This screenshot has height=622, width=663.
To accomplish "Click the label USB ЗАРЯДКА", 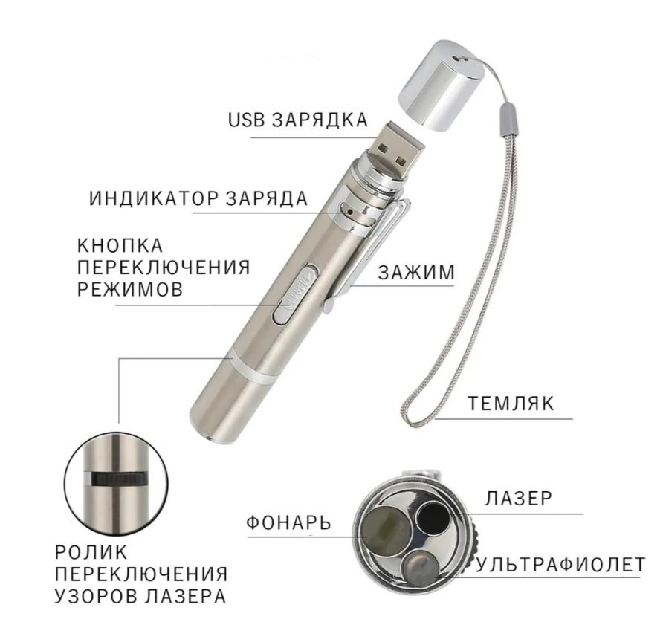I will click(297, 120).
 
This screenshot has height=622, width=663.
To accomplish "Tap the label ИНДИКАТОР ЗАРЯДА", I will click(198, 199).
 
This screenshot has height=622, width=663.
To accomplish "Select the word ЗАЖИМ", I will click(416, 273).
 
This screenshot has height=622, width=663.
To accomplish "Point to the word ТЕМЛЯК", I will click(511, 404).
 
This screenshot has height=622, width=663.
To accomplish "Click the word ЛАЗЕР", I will click(519, 498).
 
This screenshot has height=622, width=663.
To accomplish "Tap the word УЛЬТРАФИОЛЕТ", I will click(560, 566).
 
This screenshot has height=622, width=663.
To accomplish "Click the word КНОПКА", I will click(120, 245).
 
